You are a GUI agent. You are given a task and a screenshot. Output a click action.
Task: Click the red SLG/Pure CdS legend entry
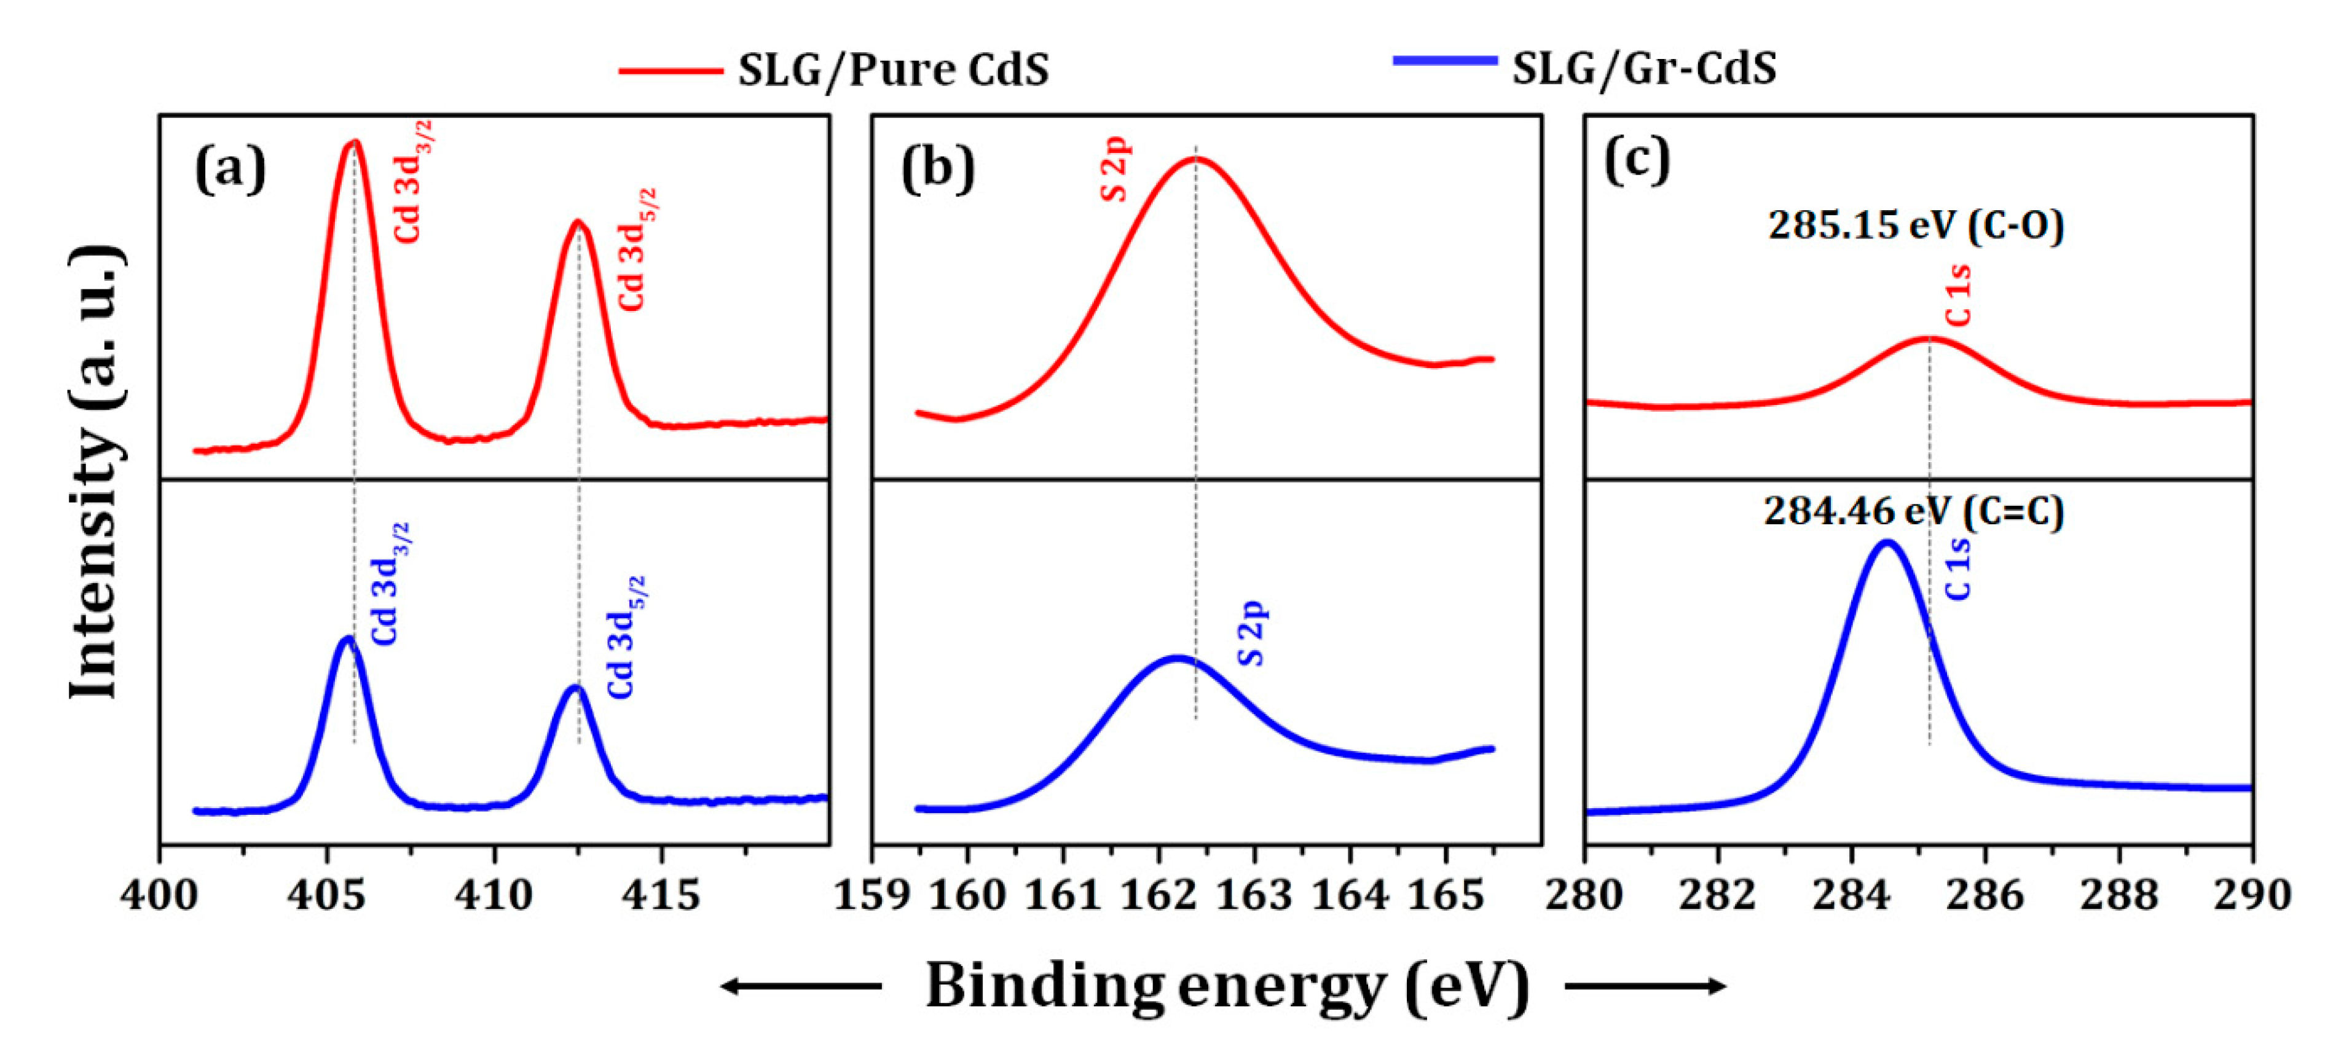(835, 69)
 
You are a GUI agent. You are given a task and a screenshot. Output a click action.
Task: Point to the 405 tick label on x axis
(327, 895)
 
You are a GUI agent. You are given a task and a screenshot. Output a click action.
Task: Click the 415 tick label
(661, 895)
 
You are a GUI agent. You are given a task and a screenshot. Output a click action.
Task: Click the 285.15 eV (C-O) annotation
(1915, 226)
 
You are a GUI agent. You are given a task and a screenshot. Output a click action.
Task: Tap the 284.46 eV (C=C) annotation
(1913, 511)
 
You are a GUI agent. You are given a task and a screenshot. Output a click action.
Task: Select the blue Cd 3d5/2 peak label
(626, 637)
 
